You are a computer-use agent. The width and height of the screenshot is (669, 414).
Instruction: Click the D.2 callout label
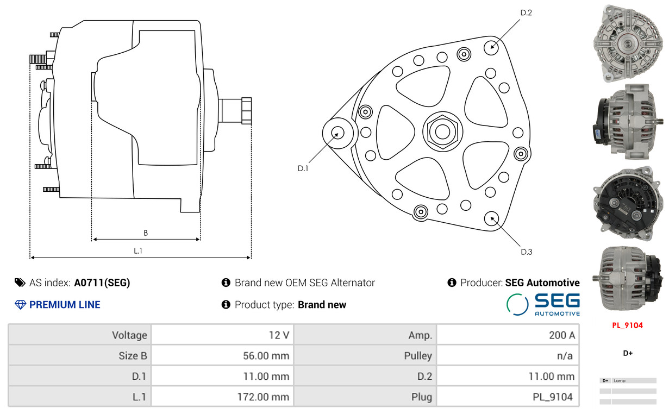pyautogui.click(x=526, y=13)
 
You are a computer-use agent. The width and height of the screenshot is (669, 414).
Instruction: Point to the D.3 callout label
pyautogui.click(x=526, y=252)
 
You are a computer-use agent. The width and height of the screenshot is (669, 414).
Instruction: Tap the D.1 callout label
pyautogui.click(x=303, y=168)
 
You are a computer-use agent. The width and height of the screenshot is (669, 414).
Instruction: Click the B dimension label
pyautogui.click(x=146, y=233)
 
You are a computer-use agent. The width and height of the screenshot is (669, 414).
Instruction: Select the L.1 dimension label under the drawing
pyautogui.click(x=138, y=251)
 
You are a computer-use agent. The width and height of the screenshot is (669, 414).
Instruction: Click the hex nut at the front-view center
pyautogui.click(x=442, y=131)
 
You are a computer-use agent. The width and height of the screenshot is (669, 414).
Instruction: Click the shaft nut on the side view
pyautogui.click(x=246, y=110)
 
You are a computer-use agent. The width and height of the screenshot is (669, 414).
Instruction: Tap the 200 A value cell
pyautogui.click(x=508, y=335)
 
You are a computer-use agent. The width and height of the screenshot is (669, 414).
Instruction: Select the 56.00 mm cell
pyautogui.click(x=222, y=355)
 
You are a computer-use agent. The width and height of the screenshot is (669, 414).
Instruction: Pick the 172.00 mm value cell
pyautogui.click(x=222, y=397)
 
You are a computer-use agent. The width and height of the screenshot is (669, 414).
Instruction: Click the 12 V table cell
pyautogui.click(x=222, y=335)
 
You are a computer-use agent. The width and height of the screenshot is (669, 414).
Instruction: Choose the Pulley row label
pyautogui.click(x=418, y=356)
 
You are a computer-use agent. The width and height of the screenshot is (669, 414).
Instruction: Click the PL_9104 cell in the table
pyautogui.click(x=508, y=397)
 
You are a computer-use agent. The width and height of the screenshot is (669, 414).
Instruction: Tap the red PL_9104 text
pyautogui.click(x=627, y=325)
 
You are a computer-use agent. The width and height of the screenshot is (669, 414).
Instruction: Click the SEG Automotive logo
pyautogui.click(x=543, y=304)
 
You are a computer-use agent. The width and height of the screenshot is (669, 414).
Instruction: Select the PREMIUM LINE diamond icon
pyautogui.click(x=20, y=305)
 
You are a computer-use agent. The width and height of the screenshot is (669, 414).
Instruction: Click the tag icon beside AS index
pyautogui.click(x=20, y=283)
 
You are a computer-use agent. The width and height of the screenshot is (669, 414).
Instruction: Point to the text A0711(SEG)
pyautogui.click(x=102, y=283)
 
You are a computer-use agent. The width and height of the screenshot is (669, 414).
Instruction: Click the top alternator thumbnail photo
pyautogui.click(x=628, y=43)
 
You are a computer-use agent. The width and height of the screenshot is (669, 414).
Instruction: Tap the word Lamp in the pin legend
pyautogui.click(x=620, y=380)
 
